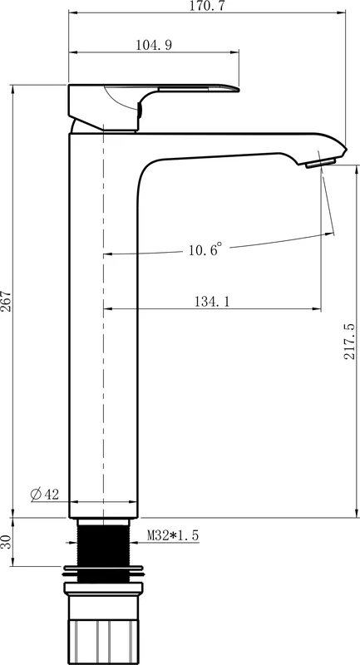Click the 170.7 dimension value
208,6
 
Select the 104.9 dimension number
154,45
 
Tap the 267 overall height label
6,301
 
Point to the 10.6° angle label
205,249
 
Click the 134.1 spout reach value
212,302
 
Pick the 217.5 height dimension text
350,342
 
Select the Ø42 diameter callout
45,494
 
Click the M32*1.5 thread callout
173,535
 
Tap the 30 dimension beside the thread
6,542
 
